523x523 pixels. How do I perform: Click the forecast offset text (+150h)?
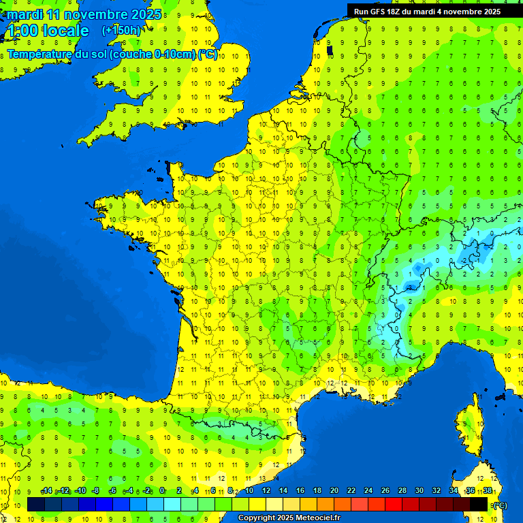pos(121,30)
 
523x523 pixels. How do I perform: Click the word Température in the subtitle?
pos(39,54)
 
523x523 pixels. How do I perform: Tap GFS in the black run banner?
pos(379,12)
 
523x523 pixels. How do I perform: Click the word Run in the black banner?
pos(361,12)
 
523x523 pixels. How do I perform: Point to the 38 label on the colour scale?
pos(487,490)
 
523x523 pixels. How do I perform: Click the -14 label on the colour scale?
pos(46,490)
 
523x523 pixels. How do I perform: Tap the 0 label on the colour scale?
pos(162,490)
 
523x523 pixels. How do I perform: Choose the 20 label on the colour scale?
pos(334,490)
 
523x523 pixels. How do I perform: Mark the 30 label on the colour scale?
pos(419,490)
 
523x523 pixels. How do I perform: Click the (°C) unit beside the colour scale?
pos(499,505)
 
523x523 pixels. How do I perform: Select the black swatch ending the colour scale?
pos(479,504)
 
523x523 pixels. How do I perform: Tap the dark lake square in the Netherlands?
pos(330,50)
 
